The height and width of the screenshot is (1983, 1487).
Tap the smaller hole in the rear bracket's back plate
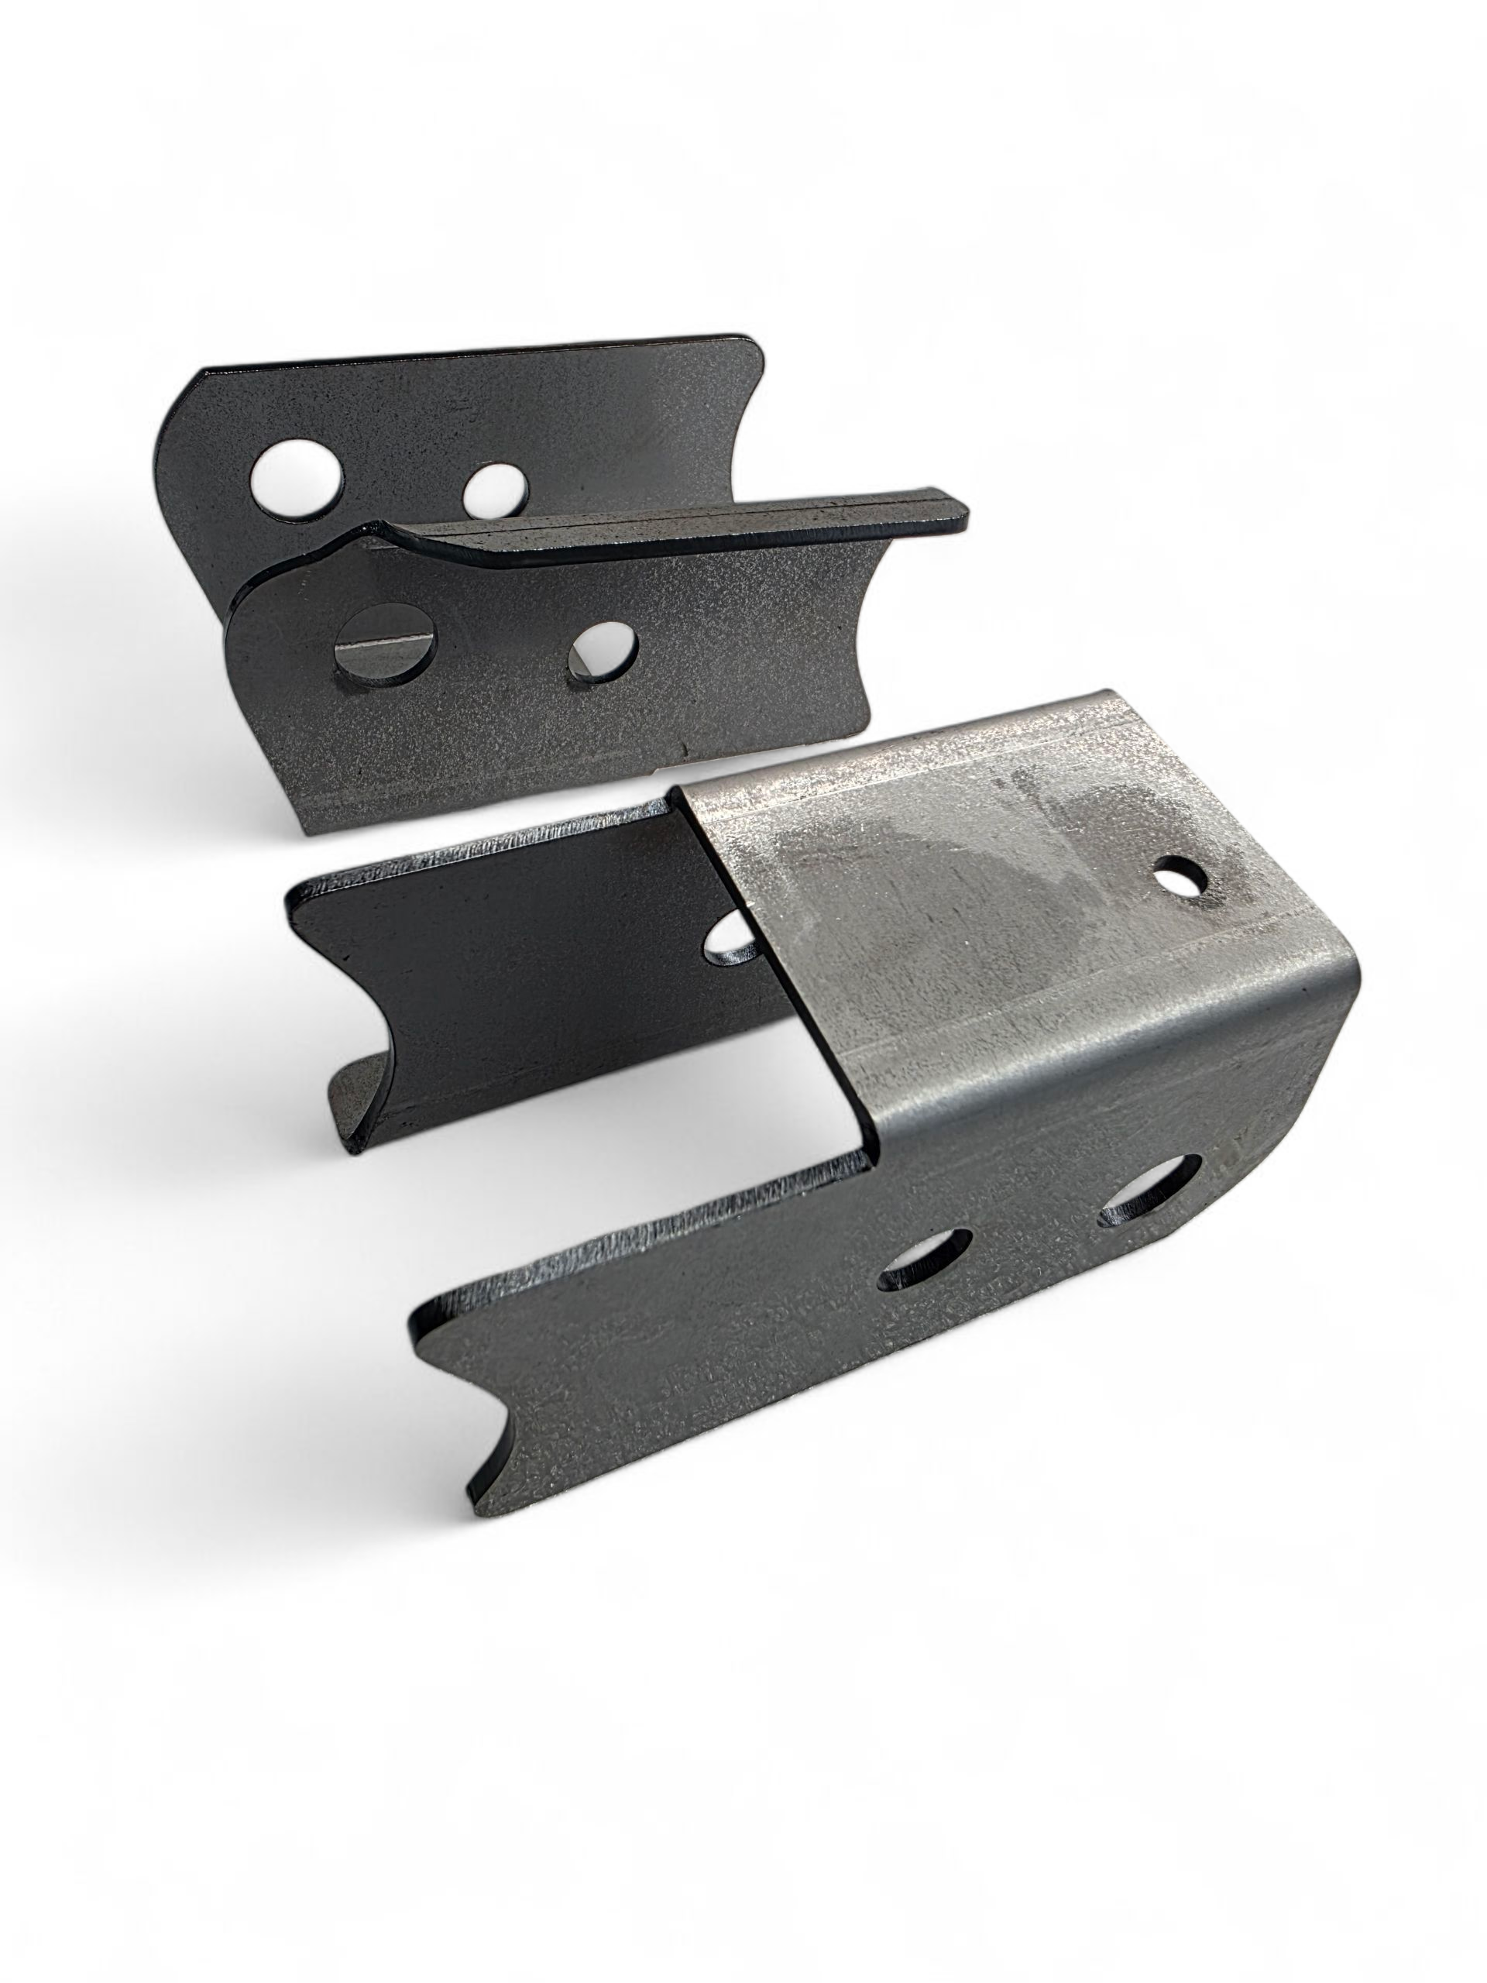(x=496, y=488)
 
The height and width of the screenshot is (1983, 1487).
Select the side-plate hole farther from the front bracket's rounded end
(x=926, y=1261)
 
